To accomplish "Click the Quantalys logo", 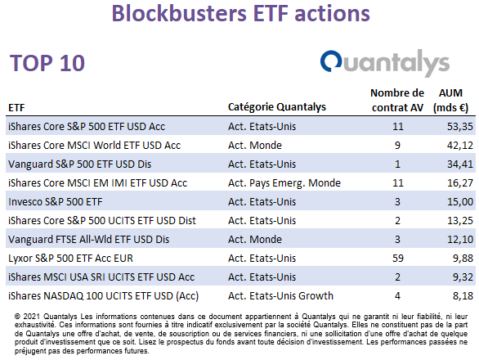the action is pyautogui.click(x=385, y=63).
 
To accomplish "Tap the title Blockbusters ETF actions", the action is pyautogui.click(x=240, y=13).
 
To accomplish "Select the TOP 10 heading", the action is pyautogui.click(x=47, y=63).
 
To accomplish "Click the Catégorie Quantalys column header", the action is pyautogui.click(x=277, y=107).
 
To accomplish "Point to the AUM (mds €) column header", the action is pyautogui.click(x=450, y=101).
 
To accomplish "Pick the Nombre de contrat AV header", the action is pyautogui.click(x=397, y=101).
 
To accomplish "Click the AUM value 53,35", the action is pyautogui.click(x=460, y=126).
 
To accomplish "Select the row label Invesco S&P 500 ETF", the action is pyautogui.click(x=56, y=202).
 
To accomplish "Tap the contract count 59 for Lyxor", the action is pyautogui.click(x=398, y=259).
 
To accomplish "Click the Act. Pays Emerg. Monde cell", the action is pyautogui.click(x=284, y=183).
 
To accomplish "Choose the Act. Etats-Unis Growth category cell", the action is pyautogui.click(x=280, y=295).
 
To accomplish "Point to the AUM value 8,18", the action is pyautogui.click(x=463, y=295).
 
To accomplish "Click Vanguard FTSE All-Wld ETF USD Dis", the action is pyautogui.click(x=88, y=240).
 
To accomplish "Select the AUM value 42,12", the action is pyautogui.click(x=460, y=146).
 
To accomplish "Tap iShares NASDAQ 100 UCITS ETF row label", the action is pyautogui.click(x=103, y=296).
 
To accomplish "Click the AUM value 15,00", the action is pyautogui.click(x=460, y=202).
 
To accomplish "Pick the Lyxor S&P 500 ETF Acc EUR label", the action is pyautogui.click(x=70, y=259).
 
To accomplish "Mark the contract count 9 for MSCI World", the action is pyautogui.click(x=397, y=146).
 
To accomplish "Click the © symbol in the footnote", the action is pyautogui.click(x=17, y=317).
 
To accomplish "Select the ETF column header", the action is pyautogui.click(x=16, y=108).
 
